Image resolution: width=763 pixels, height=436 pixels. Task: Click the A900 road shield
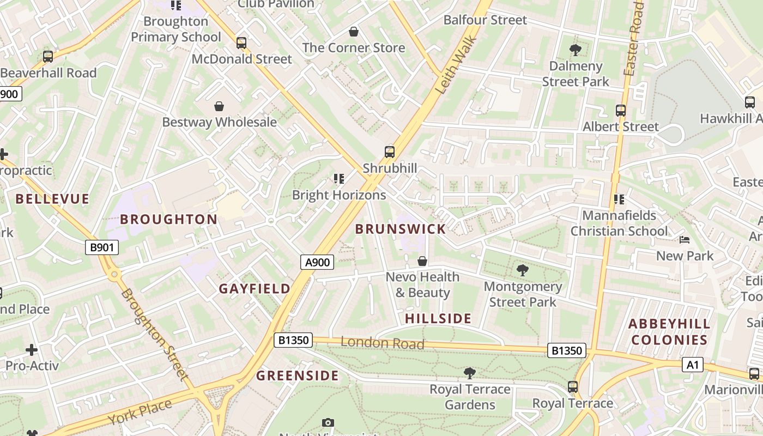[x=317, y=262]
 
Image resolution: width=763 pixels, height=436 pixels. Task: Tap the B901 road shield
[x=102, y=247]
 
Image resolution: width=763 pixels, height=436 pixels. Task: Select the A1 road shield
[x=692, y=365]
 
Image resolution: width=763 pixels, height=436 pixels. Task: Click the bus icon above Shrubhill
[x=390, y=152]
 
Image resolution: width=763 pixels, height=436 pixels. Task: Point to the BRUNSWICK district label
[x=401, y=229]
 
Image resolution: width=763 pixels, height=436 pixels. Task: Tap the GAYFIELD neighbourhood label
[x=255, y=289]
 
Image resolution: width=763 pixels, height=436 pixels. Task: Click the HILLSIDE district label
[x=438, y=318]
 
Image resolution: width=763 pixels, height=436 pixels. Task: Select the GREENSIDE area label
[x=298, y=376]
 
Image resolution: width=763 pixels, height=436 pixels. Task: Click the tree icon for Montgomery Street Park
[x=522, y=270]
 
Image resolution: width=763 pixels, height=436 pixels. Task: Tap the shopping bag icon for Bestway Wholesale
[x=219, y=106]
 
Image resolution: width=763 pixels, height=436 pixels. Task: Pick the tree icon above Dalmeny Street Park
[x=575, y=50]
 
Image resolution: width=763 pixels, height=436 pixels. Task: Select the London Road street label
[x=382, y=343]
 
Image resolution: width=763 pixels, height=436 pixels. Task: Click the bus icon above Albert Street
[x=620, y=111]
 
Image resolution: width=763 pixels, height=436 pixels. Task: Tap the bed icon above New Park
[x=685, y=240]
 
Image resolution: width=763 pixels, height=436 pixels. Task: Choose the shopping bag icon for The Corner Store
[x=354, y=32]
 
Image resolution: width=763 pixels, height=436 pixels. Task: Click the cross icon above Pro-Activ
[x=32, y=349]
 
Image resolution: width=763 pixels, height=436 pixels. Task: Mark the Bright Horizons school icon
[x=339, y=179]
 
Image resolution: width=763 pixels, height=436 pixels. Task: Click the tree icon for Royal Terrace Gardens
[x=469, y=373]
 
